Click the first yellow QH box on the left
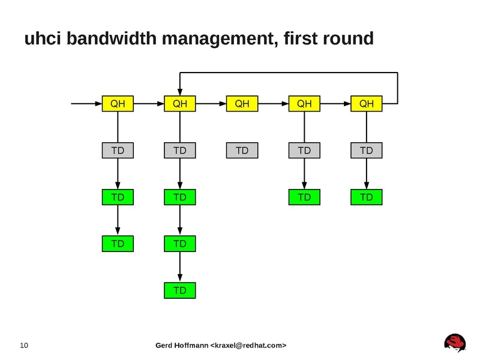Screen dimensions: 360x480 pyautogui.click(x=118, y=104)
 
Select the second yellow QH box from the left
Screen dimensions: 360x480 pyautogui.click(x=180, y=104)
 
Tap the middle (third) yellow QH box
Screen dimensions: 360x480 pyautogui.click(x=242, y=104)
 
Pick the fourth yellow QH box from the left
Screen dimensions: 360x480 pyautogui.click(x=304, y=104)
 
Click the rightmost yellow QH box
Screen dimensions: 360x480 pyautogui.click(x=367, y=104)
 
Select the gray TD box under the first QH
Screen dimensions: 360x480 pyautogui.click(x=118, y=150)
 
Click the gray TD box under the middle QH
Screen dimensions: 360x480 pyautogui.click(x=242, y=150)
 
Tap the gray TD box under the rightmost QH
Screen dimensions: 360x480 pyautogui.click(x=367, y=150)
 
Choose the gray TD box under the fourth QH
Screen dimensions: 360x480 pyautogui.click(x=304, y=150)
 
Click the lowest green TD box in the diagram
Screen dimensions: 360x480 pyautogui.click(x=180, y=290)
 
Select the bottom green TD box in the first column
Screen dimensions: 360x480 pyautogui.click(x=118, y=244)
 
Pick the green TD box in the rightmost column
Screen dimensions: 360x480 pyautogui.click(x=367, y=197)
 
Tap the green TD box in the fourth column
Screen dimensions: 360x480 pyautogui.click(x=304, y=197)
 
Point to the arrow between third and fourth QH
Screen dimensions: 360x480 pyautogui.click(x=273, y=104)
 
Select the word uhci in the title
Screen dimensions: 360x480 pyautogui.click(x=43, y=40)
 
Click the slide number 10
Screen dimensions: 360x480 pyautogui.click(x=25, y=345)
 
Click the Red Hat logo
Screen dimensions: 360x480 pyautogui.click(x=455, y=343)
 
